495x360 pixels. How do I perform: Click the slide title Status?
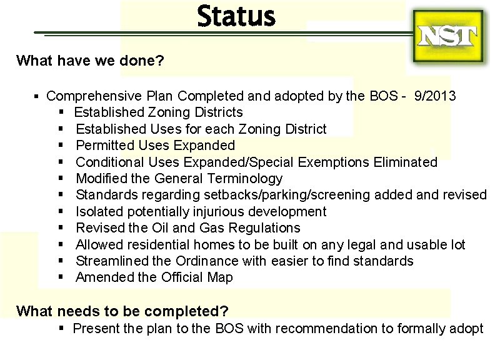point(236,17)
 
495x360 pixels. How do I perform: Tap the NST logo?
point(448,36)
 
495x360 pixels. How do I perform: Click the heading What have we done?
point(91,61)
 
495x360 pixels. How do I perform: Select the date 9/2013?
point(435,96)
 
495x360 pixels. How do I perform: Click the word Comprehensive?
point(94,96)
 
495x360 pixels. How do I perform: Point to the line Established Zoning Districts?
point(159,112)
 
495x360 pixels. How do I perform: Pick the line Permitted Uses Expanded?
point(155,146)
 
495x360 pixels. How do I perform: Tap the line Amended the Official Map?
point(154,277)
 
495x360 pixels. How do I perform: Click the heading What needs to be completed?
point(122,311)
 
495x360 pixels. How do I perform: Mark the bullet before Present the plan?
point(62,328)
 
